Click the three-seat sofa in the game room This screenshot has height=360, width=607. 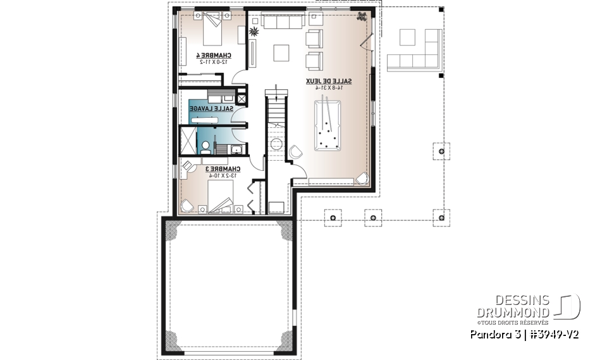(x=281, y=22)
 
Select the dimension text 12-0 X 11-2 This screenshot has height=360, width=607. (x=213, y=62)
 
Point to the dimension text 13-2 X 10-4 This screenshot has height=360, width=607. (x=223, y=175)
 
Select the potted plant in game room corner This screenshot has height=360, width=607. (x=363, y=18)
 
